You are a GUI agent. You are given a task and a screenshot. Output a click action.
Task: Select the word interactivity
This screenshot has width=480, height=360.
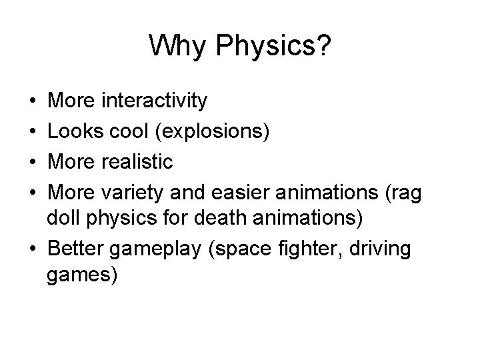coord(154,101)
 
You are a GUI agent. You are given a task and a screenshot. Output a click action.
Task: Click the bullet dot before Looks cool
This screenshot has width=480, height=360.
coord(33,132)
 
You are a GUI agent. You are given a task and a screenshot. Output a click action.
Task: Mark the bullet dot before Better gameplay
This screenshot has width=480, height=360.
coord(33,249)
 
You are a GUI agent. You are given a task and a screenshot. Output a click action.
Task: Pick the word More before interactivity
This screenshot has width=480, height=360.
coord(73,101)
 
